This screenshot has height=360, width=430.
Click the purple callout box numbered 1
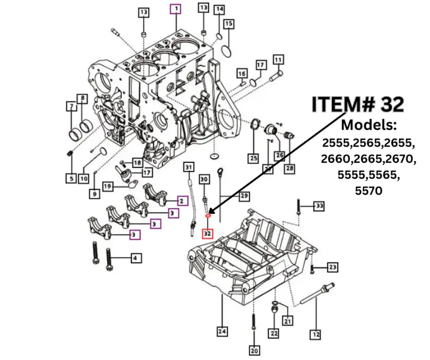click(x=176, y=8)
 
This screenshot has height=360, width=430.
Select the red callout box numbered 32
click(x=207, y=232)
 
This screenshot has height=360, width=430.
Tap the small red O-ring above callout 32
click(x=207, y=216)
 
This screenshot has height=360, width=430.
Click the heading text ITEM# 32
click(x=358, y=104)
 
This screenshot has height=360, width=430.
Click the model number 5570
click(x=369, y=191)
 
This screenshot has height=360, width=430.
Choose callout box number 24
click(x=222, y=331)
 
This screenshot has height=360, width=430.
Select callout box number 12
click(x=315, y=334)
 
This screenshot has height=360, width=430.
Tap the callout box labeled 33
click(x=320, y=206)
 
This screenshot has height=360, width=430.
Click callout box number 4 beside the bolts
click(x=135, y=258)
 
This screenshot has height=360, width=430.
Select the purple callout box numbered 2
click(x=181, y=201)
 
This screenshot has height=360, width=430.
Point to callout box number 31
click(x=189, y=168)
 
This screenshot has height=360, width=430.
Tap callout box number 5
click(x=71, y=178)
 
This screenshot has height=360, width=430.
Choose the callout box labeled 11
click(x=278, y=60)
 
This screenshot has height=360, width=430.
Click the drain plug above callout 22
click(x=274, y=310)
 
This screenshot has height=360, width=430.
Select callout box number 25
click(x=253, y=158)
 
